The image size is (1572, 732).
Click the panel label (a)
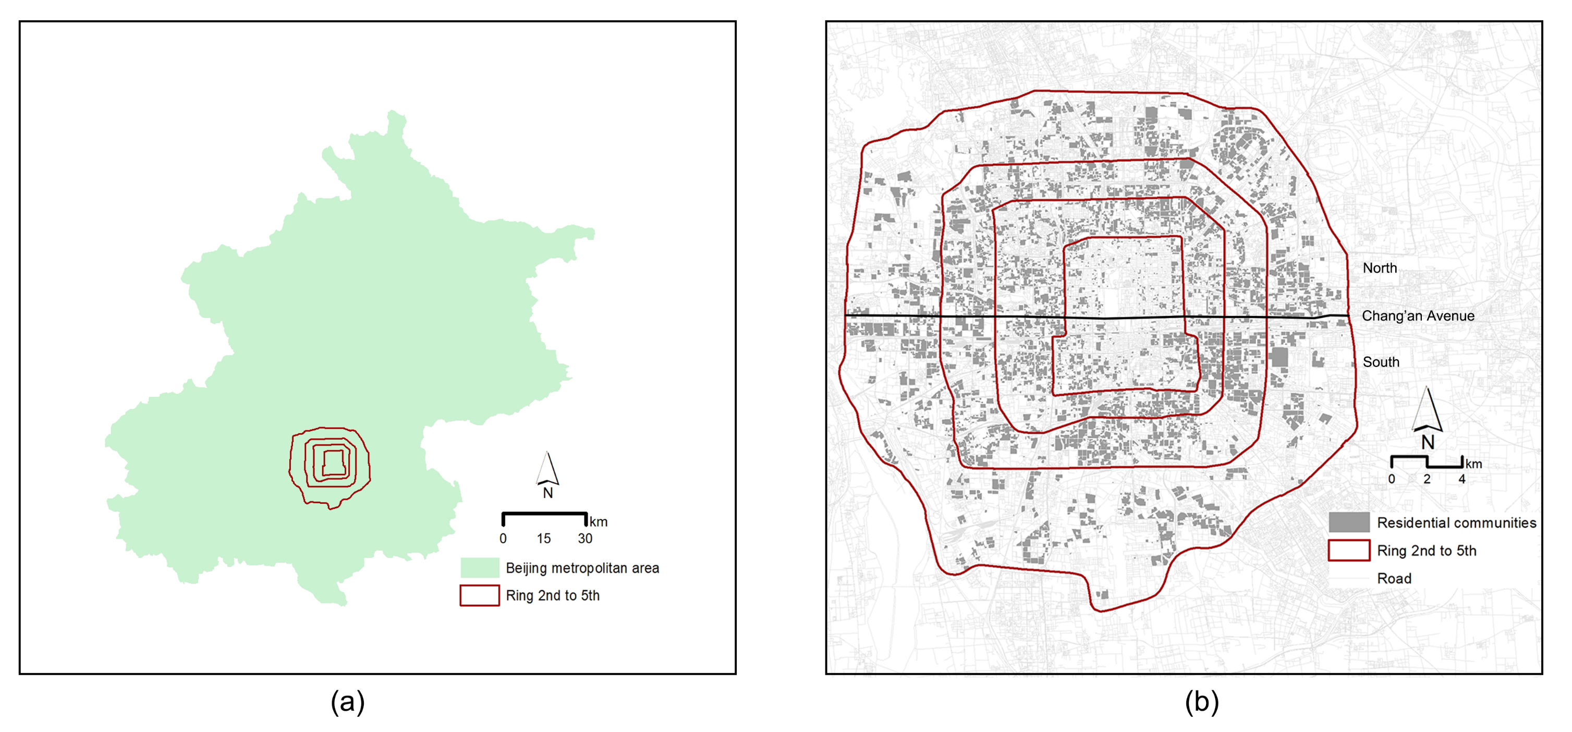pos(347,702)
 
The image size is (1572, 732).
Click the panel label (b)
pos(1202,702)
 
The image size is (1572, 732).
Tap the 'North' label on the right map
pos(1380,268)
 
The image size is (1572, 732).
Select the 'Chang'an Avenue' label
pos(1418,316)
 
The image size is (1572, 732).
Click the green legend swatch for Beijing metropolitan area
pos(479,567)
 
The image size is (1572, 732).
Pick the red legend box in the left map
pos(479,595)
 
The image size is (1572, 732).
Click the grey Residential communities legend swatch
pos(1349,522)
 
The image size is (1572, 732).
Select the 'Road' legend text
pos(1394,578)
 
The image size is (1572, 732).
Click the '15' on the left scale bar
pos(544,539)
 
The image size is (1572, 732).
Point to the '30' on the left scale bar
pos(584,539)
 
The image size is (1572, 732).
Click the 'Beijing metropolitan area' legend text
pos(582,568)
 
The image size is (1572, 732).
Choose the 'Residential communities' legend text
pos(1456,523)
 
